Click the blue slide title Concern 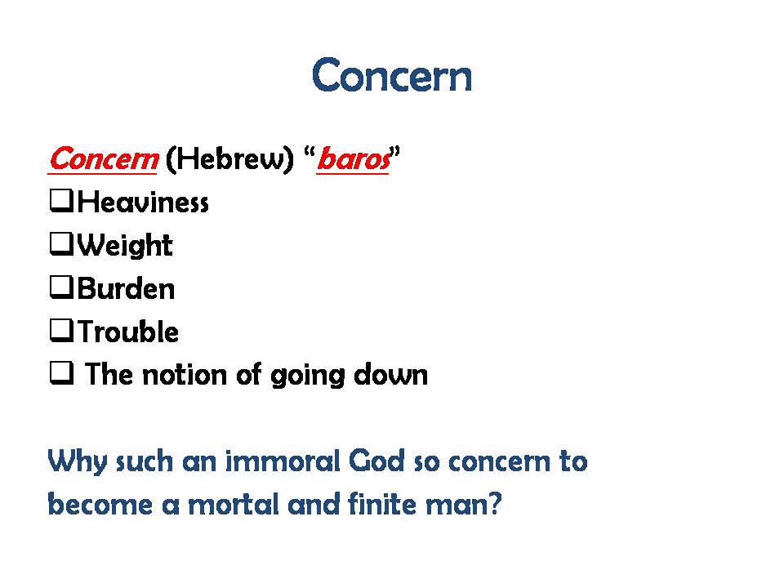(392, 75)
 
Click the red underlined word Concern (104, 159)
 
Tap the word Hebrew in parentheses (229, 159)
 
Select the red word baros (354, 159)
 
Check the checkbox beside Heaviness (61, 201)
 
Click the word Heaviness (143, 203)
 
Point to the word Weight (125, 246)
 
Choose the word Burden (126, 288)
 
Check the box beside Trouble (61, 330)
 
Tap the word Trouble (128, 332)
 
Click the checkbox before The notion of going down (61, 373)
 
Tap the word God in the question (376, 461)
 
